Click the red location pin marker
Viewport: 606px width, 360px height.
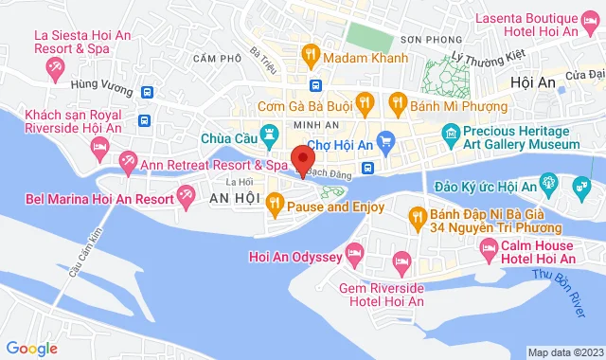click(x=302, y=160)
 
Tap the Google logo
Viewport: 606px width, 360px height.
click(x=31, y=349)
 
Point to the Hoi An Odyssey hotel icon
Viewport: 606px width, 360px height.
click(x=355, y=253)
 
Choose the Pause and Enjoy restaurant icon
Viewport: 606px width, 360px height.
click(x=275, y=201)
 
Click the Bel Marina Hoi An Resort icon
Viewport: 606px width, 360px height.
click(x=186, y=198)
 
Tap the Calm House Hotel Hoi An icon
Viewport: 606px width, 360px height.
click(x=488, y=249)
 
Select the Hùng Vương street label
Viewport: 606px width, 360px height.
click(x=98, y=84)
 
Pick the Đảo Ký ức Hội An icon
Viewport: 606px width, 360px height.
click(x=546, y=181)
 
